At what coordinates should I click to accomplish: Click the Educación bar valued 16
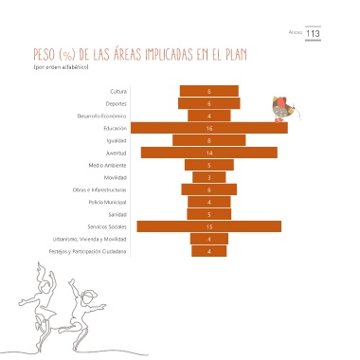tap(209, 128)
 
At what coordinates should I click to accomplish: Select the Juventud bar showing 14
tap(209, 153)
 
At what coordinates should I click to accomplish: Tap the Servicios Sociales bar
tap(209, 226)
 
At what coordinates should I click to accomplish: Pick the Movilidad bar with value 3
tap(209, 177)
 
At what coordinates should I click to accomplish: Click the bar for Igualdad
tap(209, 140)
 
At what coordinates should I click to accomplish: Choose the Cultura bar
tap(209, 91)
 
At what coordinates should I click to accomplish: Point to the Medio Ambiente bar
tap(209, 165)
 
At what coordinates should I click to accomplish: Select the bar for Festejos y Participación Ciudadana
tap(209, 251)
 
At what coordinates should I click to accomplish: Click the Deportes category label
tap(117, 103)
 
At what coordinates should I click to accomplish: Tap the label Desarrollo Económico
tap(101, 116)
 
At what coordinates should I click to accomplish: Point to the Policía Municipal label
tap(107, 202)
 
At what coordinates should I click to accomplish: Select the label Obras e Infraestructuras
tap(99, 189)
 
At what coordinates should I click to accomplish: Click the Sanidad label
tap(117, 214)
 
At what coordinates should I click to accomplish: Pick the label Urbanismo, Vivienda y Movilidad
tap(90, 239)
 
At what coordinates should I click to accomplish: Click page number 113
tap(313, 33)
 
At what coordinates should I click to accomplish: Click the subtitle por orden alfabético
tap(61, 67)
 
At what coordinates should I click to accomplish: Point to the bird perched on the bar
tap(285, 109)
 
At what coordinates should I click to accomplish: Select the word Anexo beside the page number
tap(296, 32)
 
